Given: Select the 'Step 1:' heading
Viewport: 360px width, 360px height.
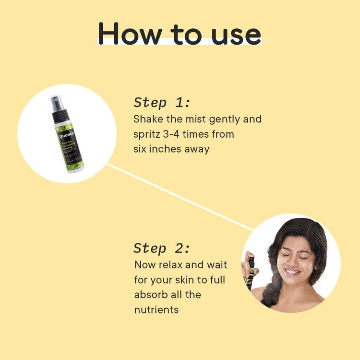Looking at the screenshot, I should click(162, 102).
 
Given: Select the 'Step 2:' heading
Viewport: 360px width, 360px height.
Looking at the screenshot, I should click(162, 248).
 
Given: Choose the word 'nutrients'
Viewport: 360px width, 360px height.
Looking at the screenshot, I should click(156, 310).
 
